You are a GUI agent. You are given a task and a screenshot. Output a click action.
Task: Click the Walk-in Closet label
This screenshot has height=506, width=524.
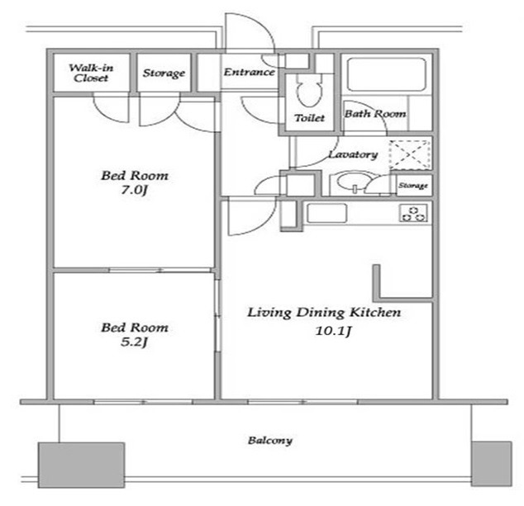pos(91,73)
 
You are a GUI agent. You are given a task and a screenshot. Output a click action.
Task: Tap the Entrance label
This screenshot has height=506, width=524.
pos(250,72)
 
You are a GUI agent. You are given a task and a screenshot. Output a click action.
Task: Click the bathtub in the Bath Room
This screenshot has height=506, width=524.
pos(387,74)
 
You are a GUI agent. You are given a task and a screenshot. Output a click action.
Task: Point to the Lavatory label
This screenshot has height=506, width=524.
pos(353,154)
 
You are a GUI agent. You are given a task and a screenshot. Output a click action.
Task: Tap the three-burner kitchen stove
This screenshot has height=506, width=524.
pos(414,214)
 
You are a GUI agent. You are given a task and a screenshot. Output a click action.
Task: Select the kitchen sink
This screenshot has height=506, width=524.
pos(326,213)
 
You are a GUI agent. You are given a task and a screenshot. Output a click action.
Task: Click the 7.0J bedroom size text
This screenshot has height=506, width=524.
pos(134,190)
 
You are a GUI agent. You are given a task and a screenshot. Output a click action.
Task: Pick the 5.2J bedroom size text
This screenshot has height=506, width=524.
pos(134,342)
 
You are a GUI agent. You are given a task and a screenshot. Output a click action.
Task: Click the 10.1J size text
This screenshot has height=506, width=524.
pos(333,331)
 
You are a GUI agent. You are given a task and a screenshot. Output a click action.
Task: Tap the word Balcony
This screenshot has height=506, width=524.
pos(270,441)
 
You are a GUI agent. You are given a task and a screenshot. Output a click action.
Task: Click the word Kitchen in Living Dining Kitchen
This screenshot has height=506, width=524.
pos(375,312)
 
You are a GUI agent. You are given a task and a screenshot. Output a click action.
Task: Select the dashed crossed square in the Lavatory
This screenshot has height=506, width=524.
pos(410,154)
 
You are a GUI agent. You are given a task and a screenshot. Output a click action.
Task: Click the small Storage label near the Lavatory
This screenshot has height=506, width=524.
pos(413,186)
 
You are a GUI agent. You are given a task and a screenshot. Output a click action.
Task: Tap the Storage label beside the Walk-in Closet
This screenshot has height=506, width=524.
pos(164,73)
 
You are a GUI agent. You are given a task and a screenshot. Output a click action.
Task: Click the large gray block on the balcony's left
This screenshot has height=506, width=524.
pos(82,466)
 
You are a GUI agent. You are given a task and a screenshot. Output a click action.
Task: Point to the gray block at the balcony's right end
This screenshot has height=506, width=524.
pos(491,464)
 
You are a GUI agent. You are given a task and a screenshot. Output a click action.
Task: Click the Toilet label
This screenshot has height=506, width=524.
pos(309,118)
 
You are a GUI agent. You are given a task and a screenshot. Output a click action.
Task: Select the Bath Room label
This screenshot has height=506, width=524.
pos(375,114)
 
